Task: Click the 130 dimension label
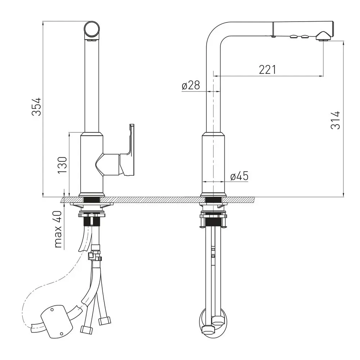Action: tap(62, 165)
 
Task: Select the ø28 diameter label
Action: tap(191, 85)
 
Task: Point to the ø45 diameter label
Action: tap(239, 176)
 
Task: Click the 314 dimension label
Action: tap(335, 120)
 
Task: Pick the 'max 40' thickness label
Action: tap(58, 229)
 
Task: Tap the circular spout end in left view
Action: tap(92, 30)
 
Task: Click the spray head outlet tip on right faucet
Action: tap(324, 37)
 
